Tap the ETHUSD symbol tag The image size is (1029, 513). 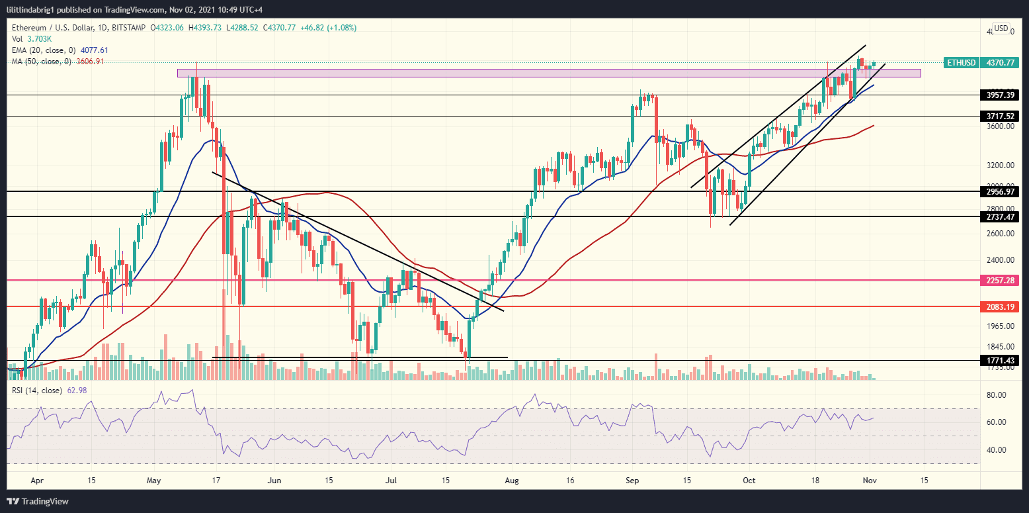click(x=960, y=62)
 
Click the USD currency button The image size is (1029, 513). click(x=1001, y=28)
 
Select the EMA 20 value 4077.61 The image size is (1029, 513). click(x=94, y=50)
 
